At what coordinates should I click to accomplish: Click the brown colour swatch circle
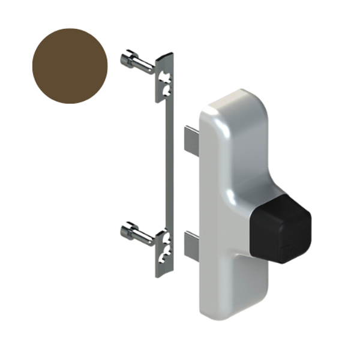71,65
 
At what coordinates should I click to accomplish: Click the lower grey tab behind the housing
191,246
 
